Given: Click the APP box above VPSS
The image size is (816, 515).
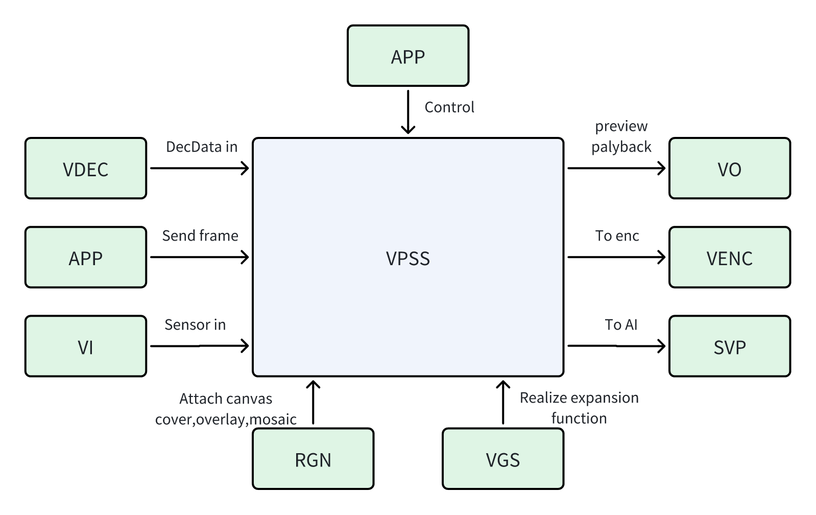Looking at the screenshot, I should click(x=407, y=56).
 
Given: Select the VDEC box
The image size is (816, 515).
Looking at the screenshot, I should click(x=85, y=169).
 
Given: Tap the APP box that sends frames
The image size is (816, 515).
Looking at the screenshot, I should click(x=85, y=257).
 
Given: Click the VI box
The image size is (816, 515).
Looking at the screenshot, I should click(x=85, y=346).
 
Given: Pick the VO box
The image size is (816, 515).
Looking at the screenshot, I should click(x=729, y=169).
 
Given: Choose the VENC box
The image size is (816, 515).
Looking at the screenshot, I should click(x=729, y=257).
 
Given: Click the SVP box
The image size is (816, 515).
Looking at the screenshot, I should click(x=729, y=346).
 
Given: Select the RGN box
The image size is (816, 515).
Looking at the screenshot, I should click(x=313, y=459).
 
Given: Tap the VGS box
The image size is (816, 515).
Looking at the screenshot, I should click(x=502, y=459).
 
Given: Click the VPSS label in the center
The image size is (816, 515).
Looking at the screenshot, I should click(x=407, y=259).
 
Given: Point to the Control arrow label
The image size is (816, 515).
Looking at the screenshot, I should click(x=449, y=107).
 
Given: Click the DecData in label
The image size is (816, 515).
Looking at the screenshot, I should click(x=202, y=147).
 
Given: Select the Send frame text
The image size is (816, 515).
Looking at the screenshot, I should click(x=200, y=236).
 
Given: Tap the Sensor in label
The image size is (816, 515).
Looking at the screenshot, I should click(x=195, y=325).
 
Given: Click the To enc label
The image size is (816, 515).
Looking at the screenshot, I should click(x=617, y=236).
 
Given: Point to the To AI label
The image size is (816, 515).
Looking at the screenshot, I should click(x=621, y=325).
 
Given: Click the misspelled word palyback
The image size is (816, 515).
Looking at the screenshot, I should click(x=621, y=147).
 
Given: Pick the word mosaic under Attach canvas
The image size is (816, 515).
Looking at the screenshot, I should click(x=273, y=419).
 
